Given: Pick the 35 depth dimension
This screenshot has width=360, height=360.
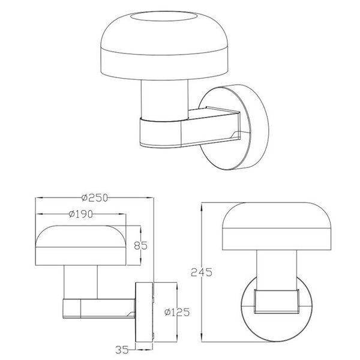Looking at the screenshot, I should [124, 346].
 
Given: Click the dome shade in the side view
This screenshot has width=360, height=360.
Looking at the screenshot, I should [81, 246].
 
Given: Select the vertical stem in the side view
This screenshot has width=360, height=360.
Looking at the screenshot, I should [81, 282].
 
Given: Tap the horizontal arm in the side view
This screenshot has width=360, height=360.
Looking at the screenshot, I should [99, 308].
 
